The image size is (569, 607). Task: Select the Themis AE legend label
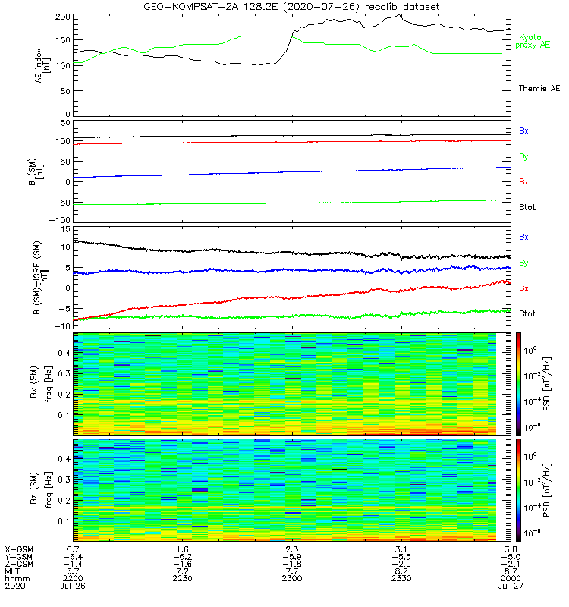click(x=539, y=89)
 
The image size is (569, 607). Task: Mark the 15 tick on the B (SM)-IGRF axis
click(x=64, y=229)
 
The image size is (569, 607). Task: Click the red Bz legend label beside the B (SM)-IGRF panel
click(x=524, y=288)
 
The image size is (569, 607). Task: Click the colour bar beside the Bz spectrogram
click(x=520, y=489)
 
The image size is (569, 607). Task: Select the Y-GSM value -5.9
click(x=291, y=555)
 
